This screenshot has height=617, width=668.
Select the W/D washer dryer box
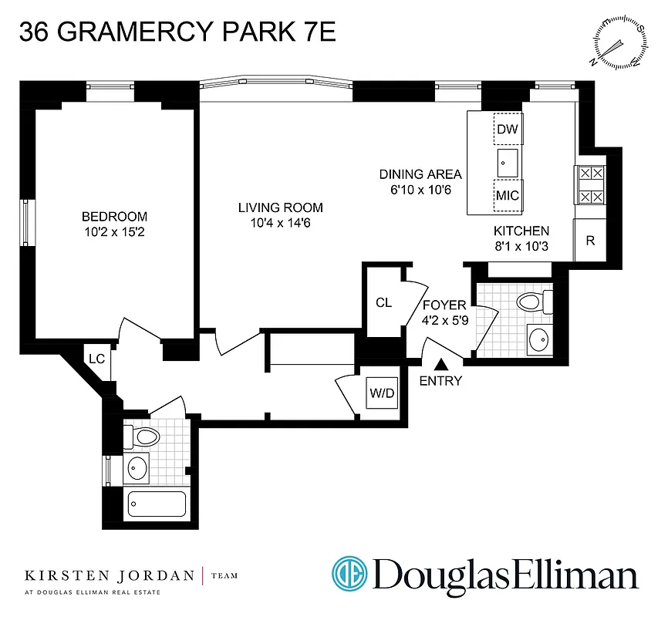[x=381, y=393]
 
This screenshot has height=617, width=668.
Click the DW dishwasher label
[x=507, y=130]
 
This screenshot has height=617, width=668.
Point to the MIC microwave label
[x=507, y=195]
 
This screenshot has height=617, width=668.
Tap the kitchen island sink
[x=508, y=162]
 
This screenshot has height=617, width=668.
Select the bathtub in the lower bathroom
[x=157, y=504]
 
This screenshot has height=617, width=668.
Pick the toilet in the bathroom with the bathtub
[x=144, y=438]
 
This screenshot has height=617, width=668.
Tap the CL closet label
[x=383, y=303]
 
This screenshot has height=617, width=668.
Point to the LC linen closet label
[x=96, y=359]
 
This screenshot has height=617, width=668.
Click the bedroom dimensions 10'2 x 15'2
[x=115, y=231]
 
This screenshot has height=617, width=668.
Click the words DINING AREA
[x=420, y=174]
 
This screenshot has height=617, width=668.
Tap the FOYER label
[x=444, y=306]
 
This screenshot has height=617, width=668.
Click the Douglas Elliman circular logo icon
[x=350, y=574]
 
